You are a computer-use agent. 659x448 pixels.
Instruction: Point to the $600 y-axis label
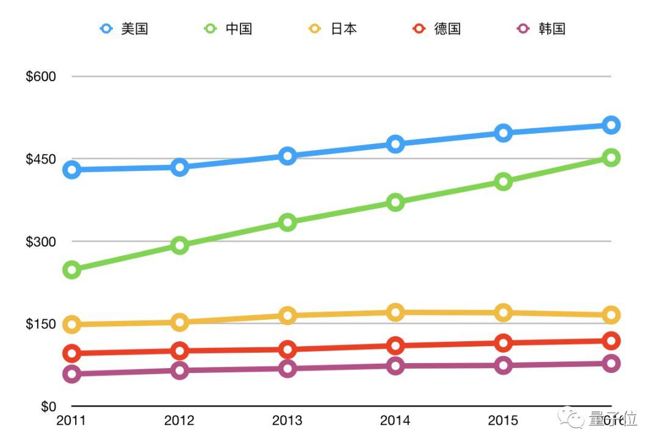coord(41,77)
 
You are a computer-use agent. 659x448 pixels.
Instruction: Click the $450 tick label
coord(41,159)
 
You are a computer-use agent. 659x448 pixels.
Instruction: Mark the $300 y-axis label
coord(41,242)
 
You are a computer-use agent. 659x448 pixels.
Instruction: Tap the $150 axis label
coord(41,324)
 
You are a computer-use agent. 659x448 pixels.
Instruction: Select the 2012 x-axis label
coord(179,421)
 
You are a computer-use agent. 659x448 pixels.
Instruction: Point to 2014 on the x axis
coord(395,421)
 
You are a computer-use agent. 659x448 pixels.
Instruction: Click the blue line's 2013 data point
coord(287,156)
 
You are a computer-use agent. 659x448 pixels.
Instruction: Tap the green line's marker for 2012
coord(179,245)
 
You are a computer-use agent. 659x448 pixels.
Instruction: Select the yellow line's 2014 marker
coord(395,313)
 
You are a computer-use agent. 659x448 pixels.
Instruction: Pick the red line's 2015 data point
coord(503,343)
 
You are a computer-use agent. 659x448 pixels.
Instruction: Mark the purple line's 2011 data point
coord(72,374)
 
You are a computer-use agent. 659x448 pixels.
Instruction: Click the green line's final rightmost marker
coord(611,157)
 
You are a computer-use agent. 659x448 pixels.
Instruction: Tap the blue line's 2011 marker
coord(72,170)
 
